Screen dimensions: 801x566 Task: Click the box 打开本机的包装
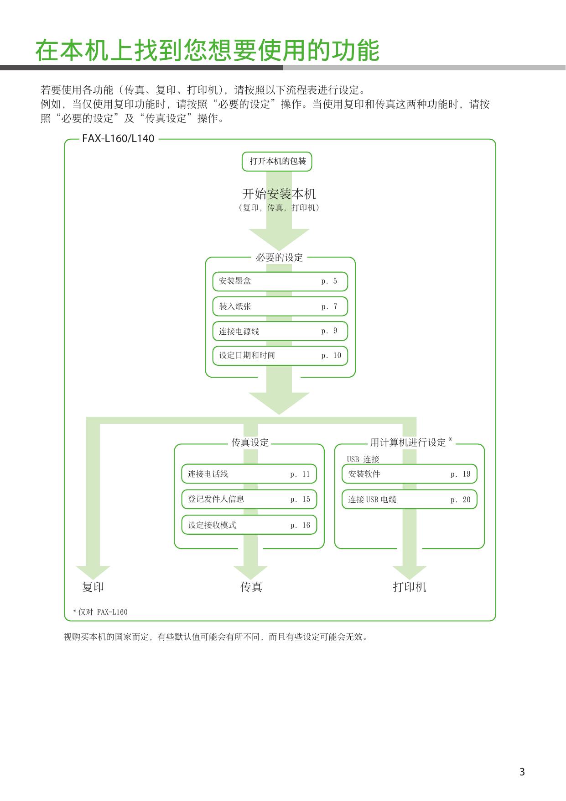(277, 162)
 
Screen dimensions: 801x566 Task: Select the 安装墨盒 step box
(280, 281)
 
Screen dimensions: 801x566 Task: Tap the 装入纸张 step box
(280, 306)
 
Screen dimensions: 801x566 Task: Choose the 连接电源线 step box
(280, 331)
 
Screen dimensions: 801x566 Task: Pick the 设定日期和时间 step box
(280, 356)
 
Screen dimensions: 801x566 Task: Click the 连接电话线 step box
(249, 474)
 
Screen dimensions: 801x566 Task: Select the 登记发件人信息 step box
(249, 499)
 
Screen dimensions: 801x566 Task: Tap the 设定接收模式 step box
(249, 525)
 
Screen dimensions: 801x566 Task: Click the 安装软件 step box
(410, 474)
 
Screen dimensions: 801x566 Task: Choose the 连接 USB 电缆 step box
(410, 499)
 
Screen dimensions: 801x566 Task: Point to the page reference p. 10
(331, 356)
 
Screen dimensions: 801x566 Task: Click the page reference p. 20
(460, 500)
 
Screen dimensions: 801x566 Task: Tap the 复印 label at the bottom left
(93, 587)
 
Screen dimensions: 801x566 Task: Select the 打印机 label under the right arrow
(410, 587)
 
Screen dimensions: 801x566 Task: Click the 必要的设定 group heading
(279, 258)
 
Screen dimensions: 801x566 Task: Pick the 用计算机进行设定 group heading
(408, 442)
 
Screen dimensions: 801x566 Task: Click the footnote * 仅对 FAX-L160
(100, 612)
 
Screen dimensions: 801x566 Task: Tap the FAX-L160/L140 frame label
(118, 138)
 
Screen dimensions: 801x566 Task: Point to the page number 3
(522, 772)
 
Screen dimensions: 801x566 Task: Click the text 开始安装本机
(279, 194)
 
